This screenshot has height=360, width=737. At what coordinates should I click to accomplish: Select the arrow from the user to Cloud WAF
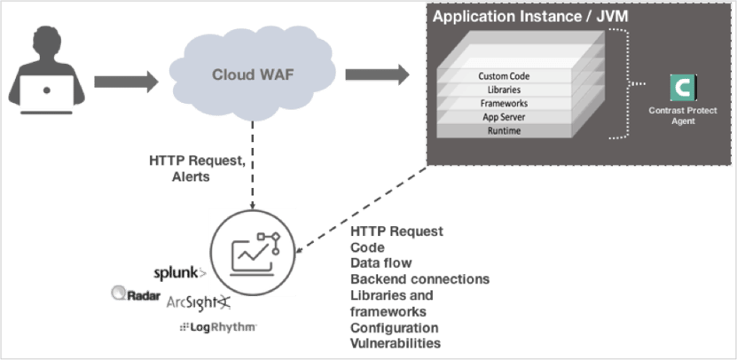click(x=125, y=82)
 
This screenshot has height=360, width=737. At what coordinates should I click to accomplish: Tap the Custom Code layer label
click(x=505, y=76)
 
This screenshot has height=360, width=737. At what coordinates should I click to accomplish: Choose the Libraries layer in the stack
click(x=505, y=90)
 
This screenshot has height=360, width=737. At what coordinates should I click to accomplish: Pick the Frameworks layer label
click(x=505, y=104)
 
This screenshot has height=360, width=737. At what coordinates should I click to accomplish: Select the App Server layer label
click(x=505, y=117)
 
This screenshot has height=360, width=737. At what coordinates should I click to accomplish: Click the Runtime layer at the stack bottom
click(x=505, y=130)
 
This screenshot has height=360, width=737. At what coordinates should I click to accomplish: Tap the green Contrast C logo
click(x=683, y=89)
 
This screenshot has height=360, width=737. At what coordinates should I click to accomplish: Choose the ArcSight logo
click(x=199, y=303)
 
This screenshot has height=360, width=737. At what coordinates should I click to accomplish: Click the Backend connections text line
click(x=419, y=278)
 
